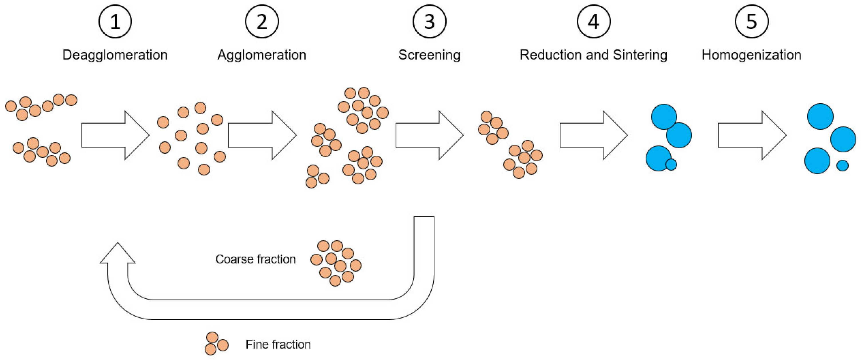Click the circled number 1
point(115,22)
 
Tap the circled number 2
point(262,22)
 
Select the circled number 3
point(429,22)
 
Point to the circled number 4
point(594,22)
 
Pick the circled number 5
point(751,22)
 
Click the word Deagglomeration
point(115,55)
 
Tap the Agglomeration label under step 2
point(262,55)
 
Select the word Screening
point(429,55)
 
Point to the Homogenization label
point(751,55)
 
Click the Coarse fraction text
point(255,259)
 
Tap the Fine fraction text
point(278,344)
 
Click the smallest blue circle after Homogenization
point(842,165)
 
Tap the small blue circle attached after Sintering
point(671,165)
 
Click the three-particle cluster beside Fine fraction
point(216,344)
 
